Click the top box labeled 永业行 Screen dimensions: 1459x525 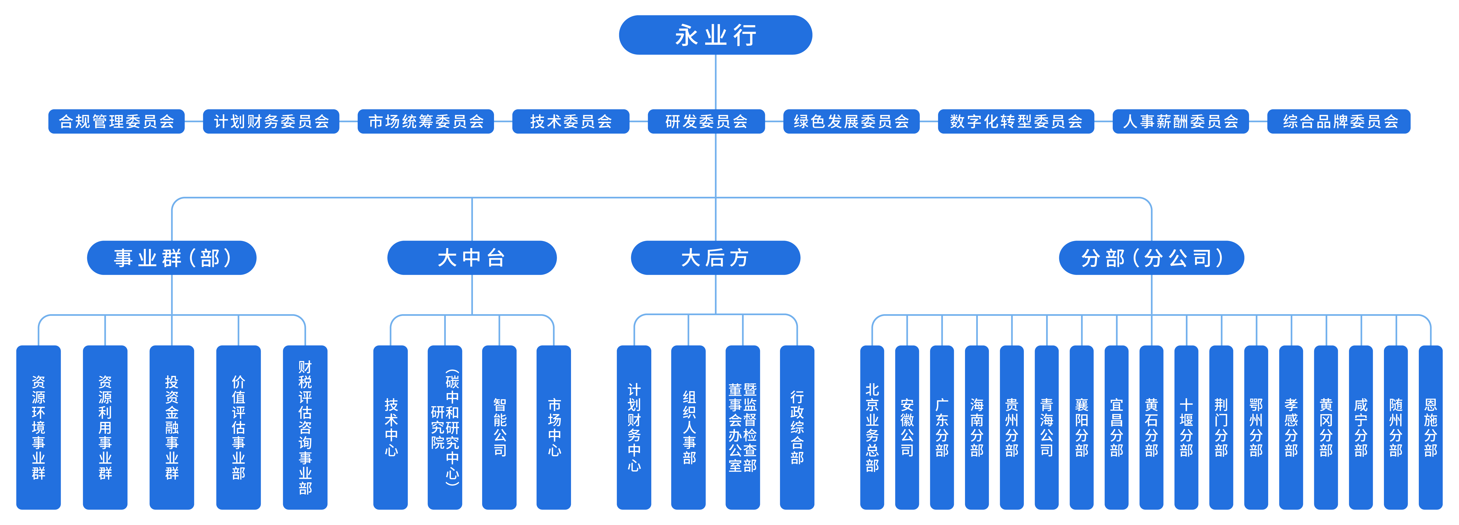[x=715, y=35]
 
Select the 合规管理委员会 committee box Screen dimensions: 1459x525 [x=117, y=121]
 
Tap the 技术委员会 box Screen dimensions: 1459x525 [x=571, y=121]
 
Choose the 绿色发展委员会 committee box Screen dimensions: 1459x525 [x=851, y=121]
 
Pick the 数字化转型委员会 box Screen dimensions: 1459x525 [x=1016, y=121]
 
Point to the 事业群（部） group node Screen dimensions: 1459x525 [x=172, y=258]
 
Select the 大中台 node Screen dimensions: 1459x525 [x=472, y=258]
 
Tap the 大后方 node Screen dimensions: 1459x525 [x=715, y=258]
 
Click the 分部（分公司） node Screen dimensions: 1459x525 [x=1151, y=258]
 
